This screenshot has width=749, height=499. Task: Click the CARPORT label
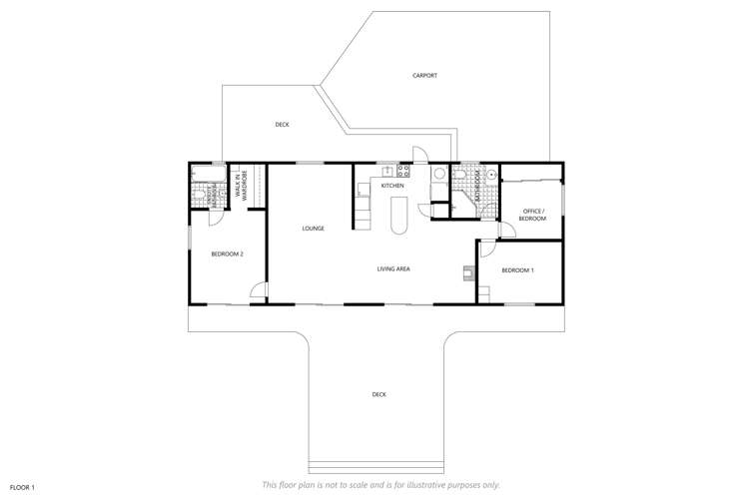(x=424, y=76)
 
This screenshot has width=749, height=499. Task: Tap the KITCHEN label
(x=391, y=187)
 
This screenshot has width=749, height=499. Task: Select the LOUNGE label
(x=314, y=229)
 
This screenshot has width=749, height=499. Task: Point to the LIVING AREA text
(x=393, y=268)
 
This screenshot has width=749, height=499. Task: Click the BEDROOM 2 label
(x=228, y=254)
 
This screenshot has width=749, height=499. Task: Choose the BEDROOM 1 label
(x=517, y=270)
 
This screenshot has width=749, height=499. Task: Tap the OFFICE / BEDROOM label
(x=533, y=215)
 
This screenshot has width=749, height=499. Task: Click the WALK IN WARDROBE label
(x=242, y=187)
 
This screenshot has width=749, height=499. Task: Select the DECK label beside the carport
(x=282, y=125)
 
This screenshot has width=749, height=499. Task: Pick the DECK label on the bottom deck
(x=378, y=394)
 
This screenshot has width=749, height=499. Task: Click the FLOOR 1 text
(x=22, y=486)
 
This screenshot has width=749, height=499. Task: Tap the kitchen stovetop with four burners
(x=403, y=171)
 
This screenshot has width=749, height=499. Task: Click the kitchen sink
(x=387, y=172)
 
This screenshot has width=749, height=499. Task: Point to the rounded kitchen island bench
(x=399, y=215)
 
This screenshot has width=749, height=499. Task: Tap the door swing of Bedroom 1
(x=487, y=249)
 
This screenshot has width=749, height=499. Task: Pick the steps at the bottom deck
(x=376, y=466)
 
